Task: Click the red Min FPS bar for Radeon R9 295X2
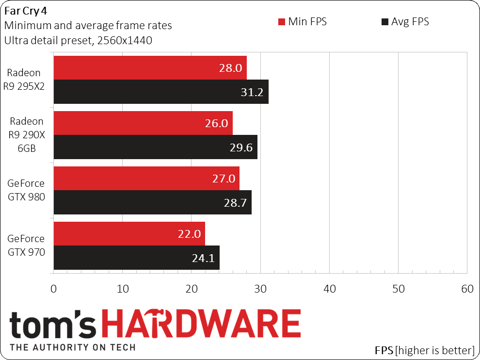click(150, 68)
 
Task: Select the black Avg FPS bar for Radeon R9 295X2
click(161, 92)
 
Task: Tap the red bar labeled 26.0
click(143, 123)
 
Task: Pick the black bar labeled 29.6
click(156, 147)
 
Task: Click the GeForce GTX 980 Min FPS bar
click(146, 179)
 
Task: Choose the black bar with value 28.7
click(153, 202)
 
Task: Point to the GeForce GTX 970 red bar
click(129, 233)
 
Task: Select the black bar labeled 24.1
click(137, 257)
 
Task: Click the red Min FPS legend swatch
click(282, 22)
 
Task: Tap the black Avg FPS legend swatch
click(385, 22)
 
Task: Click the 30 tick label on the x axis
click(260, 289)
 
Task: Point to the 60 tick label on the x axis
click(467, 289)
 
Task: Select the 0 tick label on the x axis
click(53, 289)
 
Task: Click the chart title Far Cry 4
click(26, 11)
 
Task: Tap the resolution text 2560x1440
click(125, 40)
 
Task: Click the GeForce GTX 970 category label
click(26, 245)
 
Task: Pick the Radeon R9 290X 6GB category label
click(27, 135)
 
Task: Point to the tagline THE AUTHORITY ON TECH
click(73, 347)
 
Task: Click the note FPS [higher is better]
click(425, 350)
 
